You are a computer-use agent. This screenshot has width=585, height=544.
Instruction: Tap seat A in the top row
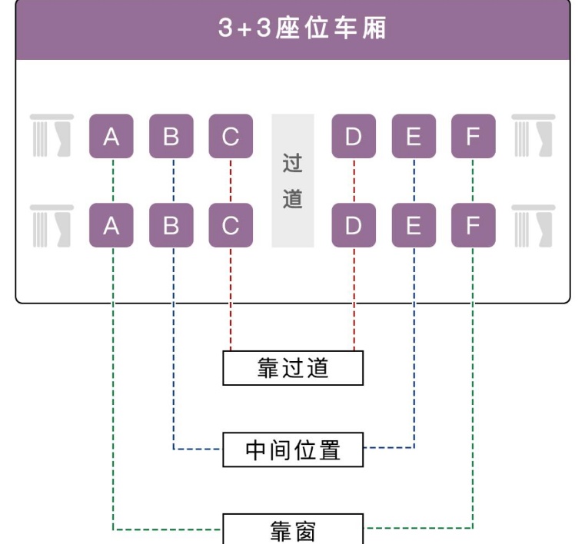point(111,137)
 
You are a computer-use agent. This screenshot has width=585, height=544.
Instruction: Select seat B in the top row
point(171,137)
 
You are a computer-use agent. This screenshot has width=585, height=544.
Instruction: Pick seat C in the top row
point(231,137)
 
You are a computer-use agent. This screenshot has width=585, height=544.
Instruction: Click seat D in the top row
point(354,137)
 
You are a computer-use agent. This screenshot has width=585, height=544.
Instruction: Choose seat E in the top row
point(414,137)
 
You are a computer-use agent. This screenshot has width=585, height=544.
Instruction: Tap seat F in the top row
point(473,137)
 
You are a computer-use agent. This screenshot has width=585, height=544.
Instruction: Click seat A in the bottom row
point(111,225)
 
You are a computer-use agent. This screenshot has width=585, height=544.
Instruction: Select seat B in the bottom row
point(171,225)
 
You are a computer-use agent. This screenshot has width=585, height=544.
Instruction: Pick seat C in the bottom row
point(231,225)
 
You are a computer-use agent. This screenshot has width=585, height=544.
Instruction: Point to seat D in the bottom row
point(354,225)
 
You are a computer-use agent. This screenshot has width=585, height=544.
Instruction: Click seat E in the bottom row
point(414,225)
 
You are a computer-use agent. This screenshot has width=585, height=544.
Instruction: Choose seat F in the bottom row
point(473,225)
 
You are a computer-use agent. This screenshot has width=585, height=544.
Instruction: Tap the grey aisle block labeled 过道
point(293,181)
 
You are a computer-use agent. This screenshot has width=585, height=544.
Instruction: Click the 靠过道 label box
point(293,367)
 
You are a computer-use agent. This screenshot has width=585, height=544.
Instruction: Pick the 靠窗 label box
point(293,529)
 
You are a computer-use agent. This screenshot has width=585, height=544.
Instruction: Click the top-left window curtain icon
point(52,136)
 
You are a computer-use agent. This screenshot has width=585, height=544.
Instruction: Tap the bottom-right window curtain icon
point(533,226)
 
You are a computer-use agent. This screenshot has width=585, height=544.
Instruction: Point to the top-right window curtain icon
point(533,136)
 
